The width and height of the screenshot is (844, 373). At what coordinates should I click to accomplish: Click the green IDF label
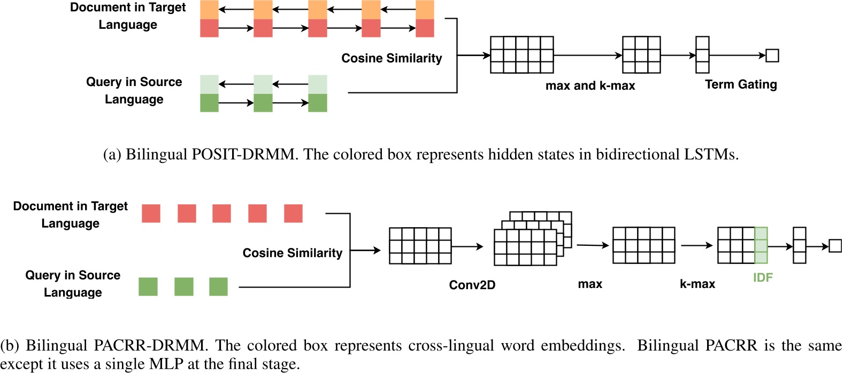[763, 277]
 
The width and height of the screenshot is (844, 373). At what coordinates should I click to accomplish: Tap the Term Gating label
[741, 84]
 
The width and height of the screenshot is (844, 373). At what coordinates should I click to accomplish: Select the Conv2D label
[472, 285]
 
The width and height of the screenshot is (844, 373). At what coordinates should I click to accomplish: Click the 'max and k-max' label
[590, 86]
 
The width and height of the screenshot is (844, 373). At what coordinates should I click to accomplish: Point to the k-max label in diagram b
[697, 284]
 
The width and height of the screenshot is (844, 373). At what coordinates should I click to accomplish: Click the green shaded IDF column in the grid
[761, 245]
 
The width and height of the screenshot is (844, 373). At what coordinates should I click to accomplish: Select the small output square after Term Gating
[772, 55]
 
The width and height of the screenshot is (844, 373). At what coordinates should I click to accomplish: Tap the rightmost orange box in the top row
[425, 10]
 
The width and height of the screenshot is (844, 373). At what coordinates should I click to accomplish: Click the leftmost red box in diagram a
[209, 28]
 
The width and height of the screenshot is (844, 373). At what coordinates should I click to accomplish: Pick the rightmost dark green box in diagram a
[317, 103]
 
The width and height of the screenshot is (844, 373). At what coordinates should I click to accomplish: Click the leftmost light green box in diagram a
[209, 84]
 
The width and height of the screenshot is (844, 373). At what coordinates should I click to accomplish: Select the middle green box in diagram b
[183, 286]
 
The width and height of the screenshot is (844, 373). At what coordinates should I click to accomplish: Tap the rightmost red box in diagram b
[293, 213]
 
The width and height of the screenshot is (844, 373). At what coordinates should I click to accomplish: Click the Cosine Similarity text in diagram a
[392, 58]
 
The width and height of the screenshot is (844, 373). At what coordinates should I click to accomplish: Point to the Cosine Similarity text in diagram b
[292, 253]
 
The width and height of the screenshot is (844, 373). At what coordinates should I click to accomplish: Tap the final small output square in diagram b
[834, 246]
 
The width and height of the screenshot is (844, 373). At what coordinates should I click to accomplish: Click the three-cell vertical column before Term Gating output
[702, 55]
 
